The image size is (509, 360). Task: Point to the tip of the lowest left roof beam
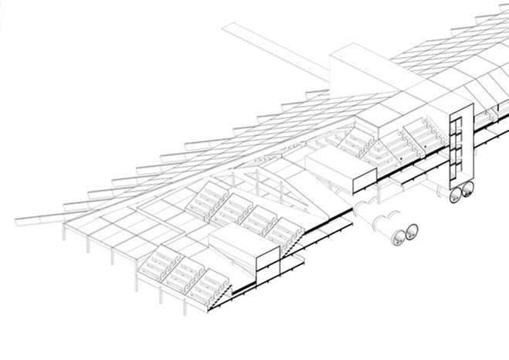(x=17, y=223)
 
